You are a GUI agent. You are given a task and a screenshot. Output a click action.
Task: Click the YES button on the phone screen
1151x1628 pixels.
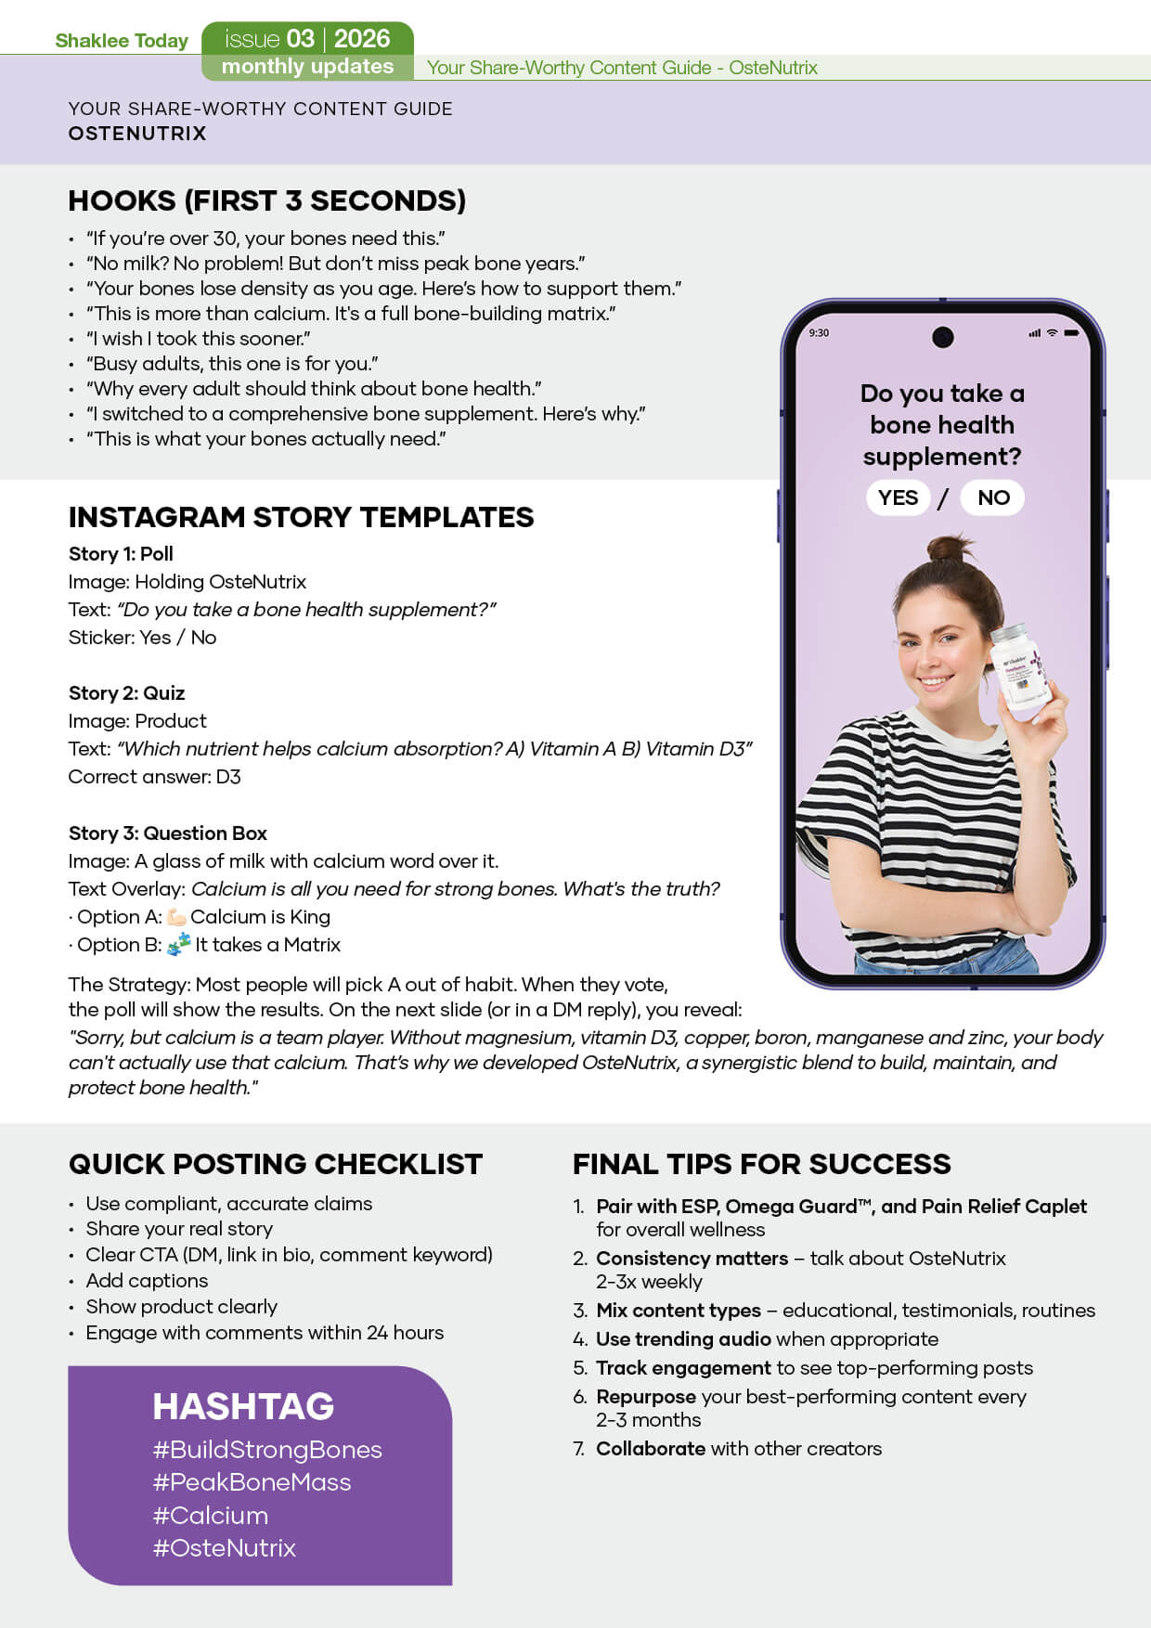898,497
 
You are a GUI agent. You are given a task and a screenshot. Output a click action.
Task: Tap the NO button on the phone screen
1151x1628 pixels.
992,497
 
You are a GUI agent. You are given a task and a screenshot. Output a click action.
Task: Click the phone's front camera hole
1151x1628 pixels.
942,337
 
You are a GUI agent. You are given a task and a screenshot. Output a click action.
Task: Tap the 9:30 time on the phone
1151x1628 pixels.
819,333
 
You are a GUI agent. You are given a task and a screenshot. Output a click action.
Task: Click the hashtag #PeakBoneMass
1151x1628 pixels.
252,1482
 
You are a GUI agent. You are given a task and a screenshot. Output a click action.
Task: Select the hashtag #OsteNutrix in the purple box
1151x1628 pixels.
224,1548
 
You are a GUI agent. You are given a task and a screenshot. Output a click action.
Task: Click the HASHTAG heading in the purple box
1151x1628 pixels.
243,1406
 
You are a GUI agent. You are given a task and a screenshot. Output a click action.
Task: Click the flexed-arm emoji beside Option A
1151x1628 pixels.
176,917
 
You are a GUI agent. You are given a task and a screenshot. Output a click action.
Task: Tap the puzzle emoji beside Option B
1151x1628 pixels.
179,945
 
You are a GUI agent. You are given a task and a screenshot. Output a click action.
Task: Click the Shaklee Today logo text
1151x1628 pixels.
122,41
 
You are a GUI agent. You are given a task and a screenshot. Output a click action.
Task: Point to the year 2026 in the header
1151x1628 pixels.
362,39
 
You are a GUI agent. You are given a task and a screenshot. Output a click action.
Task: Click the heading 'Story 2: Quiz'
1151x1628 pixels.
126,693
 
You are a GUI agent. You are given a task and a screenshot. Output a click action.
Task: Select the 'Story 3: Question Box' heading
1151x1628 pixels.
168,833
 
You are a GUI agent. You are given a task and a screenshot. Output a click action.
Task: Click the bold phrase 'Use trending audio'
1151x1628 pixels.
683,1339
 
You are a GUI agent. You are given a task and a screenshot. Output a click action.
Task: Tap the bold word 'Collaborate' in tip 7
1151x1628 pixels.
651,1449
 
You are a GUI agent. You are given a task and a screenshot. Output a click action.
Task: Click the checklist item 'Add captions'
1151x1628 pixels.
147,1281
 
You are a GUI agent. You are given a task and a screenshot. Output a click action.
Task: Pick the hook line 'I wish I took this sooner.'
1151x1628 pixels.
199,339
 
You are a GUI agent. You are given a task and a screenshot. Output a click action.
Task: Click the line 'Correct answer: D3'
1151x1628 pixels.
154,777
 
